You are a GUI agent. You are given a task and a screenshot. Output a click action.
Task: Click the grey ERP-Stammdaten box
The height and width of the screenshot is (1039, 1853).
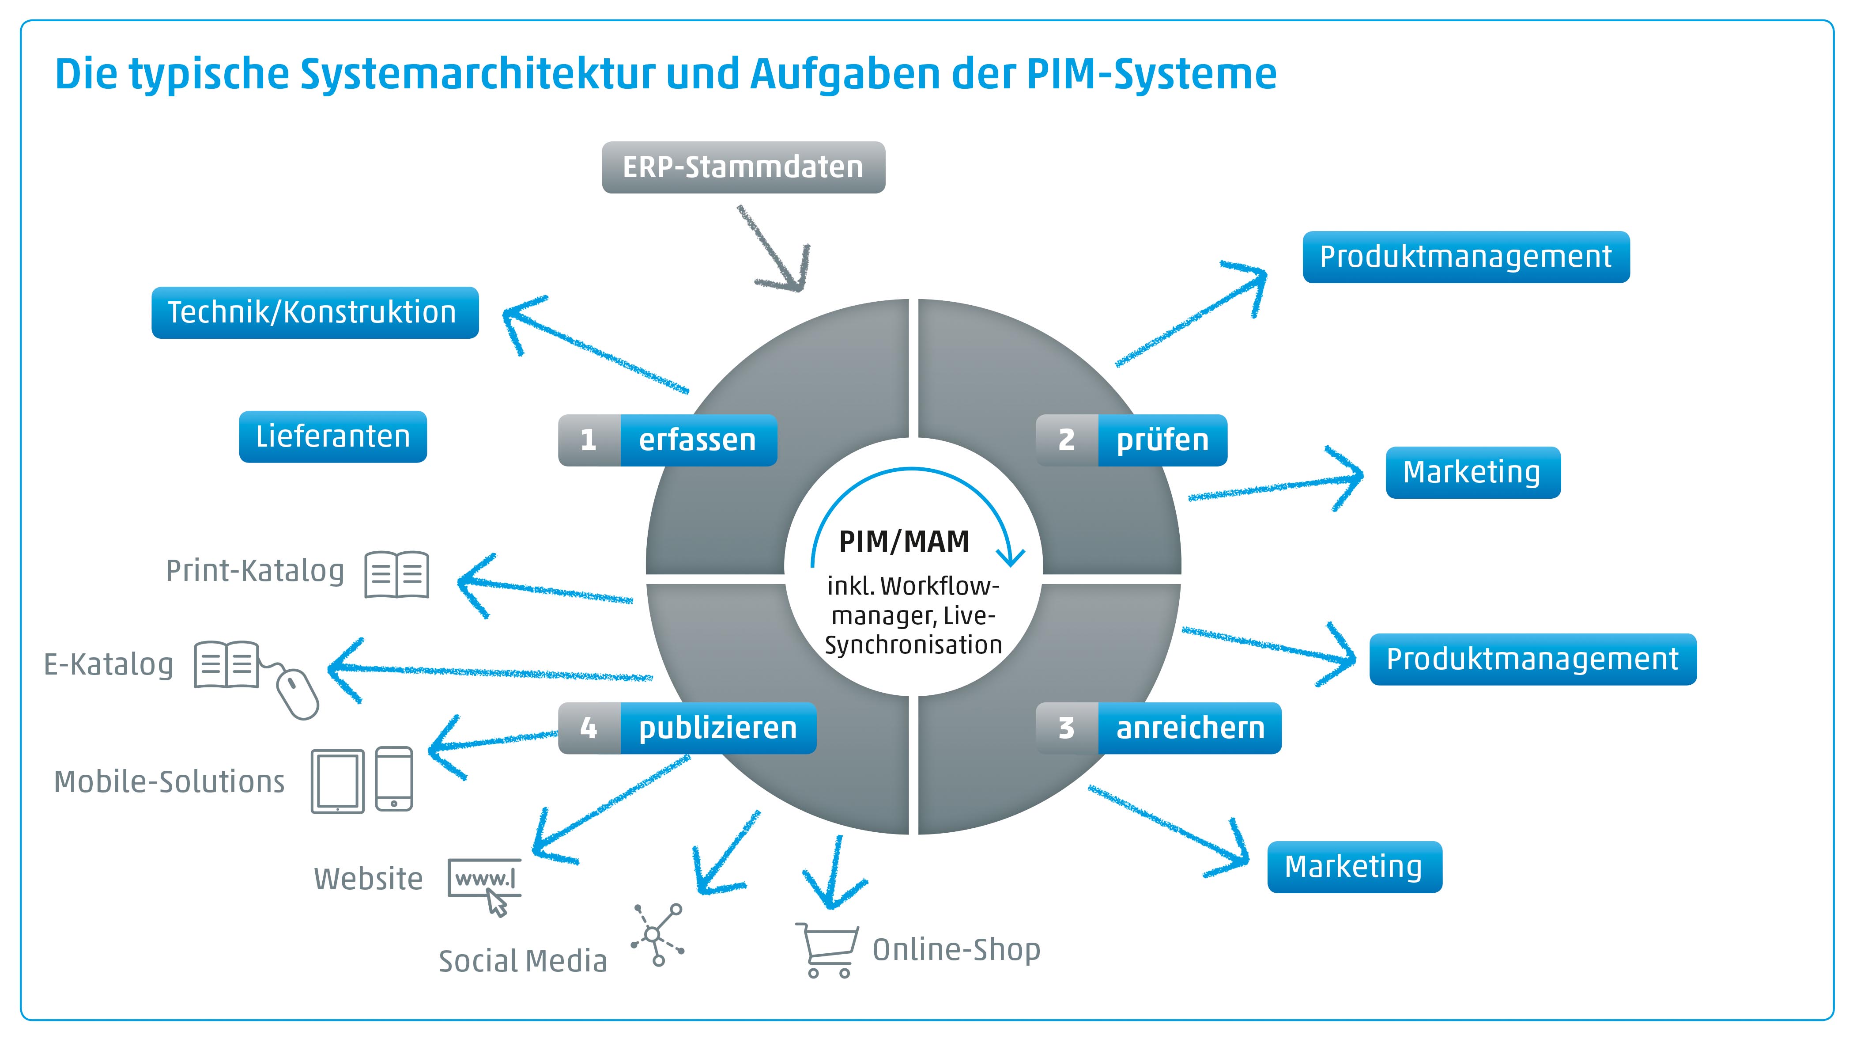(x=743, y=167)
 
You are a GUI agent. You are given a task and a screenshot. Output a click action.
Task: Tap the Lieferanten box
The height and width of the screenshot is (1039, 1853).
(x=332, y=436)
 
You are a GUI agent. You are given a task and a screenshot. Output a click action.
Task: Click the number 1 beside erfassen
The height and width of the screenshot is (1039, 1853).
(x=589, y=440)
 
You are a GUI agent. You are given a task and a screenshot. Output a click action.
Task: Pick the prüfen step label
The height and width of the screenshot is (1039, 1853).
(x=1162, y=440)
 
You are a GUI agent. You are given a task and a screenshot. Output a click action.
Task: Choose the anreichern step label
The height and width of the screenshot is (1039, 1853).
(x=1190, y=728)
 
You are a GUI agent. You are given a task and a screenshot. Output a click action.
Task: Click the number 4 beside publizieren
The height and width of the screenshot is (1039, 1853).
(x=589, y=728)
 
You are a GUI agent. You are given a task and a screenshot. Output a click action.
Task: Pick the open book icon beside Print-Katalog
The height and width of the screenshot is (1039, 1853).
(x=396, y=574)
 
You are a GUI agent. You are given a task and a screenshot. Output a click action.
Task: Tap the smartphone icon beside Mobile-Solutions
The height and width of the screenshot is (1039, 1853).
(x=394, y=779)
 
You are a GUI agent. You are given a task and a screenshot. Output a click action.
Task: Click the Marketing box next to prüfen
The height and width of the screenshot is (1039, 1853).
(x=1472, y=472)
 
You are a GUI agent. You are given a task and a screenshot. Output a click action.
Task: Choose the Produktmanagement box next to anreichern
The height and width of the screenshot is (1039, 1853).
(x=1532, y=659)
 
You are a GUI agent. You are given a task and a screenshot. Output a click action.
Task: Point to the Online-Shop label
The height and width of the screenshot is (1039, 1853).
(x=956, y=950)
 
